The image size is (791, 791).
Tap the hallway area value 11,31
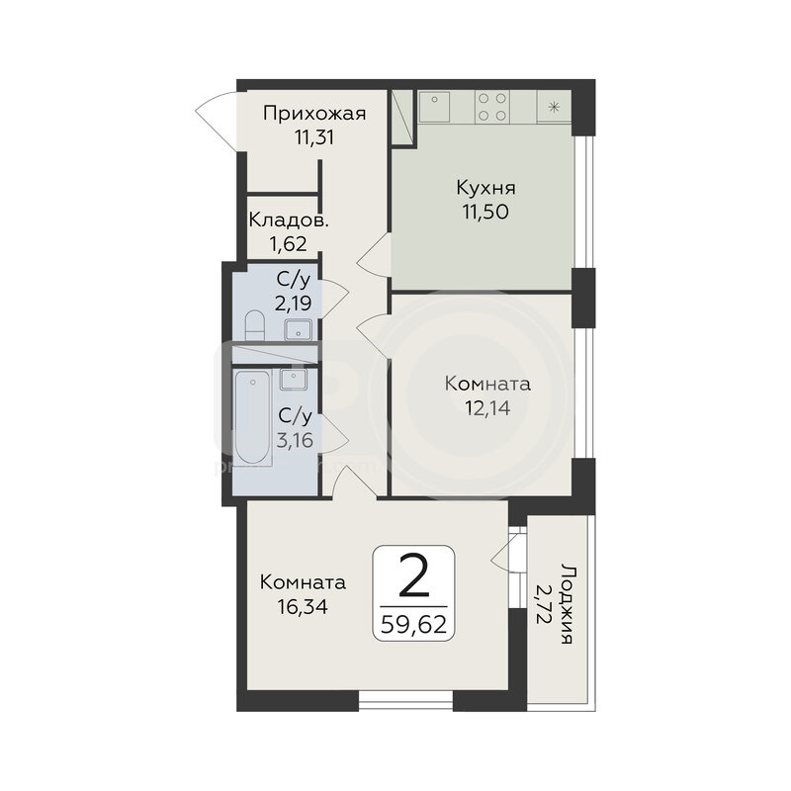point(314,137)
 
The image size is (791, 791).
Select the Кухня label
point(485,189)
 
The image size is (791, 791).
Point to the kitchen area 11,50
point(485,212)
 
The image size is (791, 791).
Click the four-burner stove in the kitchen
point(491,107)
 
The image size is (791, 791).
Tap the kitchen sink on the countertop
point(434,107)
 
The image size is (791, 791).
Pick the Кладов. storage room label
point(289,220)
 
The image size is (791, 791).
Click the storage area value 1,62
point(288,244)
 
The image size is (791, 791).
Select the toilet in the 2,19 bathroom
point(254,325)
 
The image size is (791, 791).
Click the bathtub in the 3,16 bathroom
point(253,417)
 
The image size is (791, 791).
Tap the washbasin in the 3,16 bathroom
point(293,379)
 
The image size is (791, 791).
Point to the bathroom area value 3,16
point(295,440)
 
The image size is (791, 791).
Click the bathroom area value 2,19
point(293,304)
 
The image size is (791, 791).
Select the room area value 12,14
point(487,407)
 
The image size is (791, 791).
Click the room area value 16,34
point(303,606)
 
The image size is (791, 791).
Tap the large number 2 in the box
point(413,575)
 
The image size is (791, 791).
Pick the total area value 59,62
point(413,625)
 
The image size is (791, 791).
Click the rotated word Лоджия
point(567,604)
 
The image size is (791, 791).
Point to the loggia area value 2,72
point(542,604)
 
